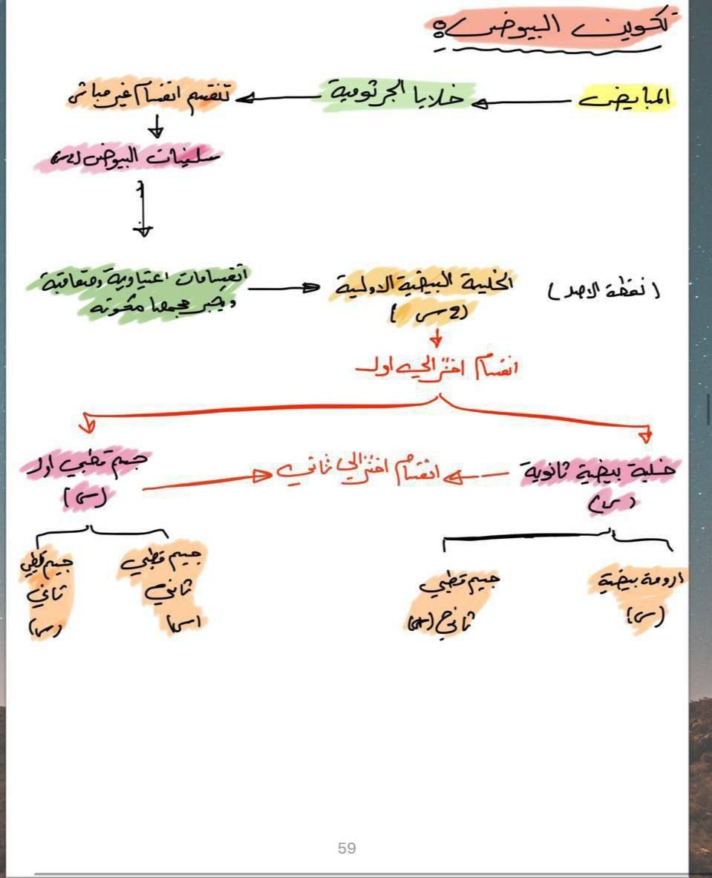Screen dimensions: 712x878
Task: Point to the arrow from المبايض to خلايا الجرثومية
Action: point(523,102)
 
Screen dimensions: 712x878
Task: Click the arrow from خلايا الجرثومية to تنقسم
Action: point(278,97)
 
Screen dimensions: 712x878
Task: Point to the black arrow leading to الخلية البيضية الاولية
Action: point(286,288)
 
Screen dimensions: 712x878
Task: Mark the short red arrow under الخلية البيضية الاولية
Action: point(437,338)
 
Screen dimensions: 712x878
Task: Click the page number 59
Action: point(347,848)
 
